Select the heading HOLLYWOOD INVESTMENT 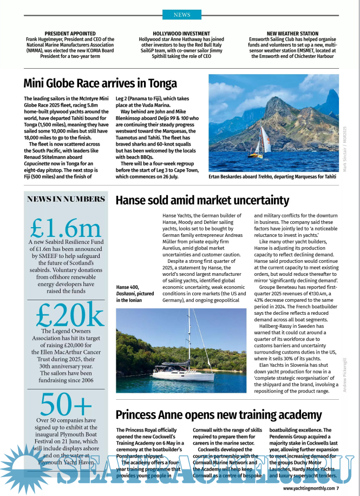coord(181,34)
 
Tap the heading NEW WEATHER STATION coord(292,34)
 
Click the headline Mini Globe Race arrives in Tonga coord(100,83)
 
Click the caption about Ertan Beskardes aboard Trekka coord(272,176)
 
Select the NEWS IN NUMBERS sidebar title coord(66,199)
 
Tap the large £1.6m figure coord(66,227)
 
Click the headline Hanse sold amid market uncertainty coord(202,201)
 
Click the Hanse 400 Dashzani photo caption coord(135,293)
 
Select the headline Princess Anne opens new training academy coord(219,415)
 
